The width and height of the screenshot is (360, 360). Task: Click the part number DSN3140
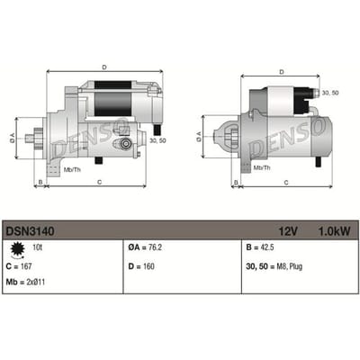point(30,231)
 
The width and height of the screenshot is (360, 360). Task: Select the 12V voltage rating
point(288,231)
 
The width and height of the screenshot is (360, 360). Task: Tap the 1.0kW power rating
point(334,231)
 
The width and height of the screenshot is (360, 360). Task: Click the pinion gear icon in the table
point(16,250)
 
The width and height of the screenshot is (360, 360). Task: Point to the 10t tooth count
point(37,247)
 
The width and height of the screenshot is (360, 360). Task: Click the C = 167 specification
point(19,266)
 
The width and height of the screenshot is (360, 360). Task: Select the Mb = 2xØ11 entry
point(25,282)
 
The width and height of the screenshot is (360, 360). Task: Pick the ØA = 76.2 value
point(145,247)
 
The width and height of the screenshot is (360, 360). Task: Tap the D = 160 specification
point(141,266)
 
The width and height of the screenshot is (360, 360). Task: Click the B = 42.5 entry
point(260,247)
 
